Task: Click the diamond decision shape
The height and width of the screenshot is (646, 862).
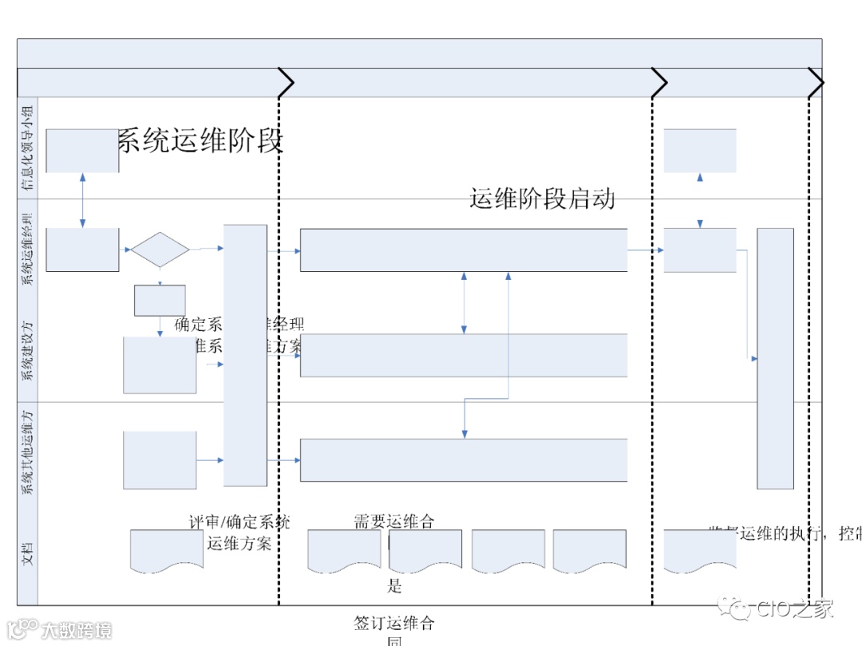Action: [160, 250]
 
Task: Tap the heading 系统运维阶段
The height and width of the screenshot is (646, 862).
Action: [200, 141]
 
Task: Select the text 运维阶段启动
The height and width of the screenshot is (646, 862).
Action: [542, 198]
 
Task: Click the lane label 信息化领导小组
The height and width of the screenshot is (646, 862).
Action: [29, 148]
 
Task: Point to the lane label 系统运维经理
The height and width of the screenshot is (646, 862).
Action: [29, 248]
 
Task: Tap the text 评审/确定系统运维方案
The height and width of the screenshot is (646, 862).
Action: [239, 533]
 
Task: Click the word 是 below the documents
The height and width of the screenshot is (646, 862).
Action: [394, 587]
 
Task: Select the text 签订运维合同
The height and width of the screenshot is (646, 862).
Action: [394, 630]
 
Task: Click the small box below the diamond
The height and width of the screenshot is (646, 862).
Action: [160, 300]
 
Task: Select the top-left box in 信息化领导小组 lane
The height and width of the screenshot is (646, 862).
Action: [82, 151]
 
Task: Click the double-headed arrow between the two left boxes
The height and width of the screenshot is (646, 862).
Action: [82, 200]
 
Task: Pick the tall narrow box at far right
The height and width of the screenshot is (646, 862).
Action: [775, 358]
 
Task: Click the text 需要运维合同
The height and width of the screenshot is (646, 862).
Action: [394, 522]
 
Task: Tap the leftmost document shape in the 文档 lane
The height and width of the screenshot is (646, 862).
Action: [166, 550]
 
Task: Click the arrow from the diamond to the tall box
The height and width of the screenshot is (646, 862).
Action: [207, 249]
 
